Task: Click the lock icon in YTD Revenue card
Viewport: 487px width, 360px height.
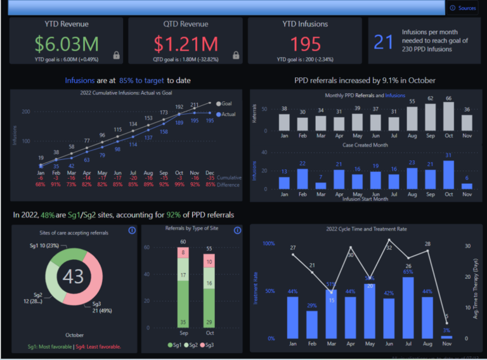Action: (x=116, y=55)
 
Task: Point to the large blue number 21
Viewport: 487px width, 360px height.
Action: (x=384, y=42)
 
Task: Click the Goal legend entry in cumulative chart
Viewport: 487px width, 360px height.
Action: (x=224, y=104)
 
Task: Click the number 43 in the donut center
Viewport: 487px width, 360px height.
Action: (x=74, y=276)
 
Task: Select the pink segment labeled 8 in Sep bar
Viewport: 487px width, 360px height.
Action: (x=183, y=254)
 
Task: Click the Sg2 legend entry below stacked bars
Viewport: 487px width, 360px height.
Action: (x=193, y=344)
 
